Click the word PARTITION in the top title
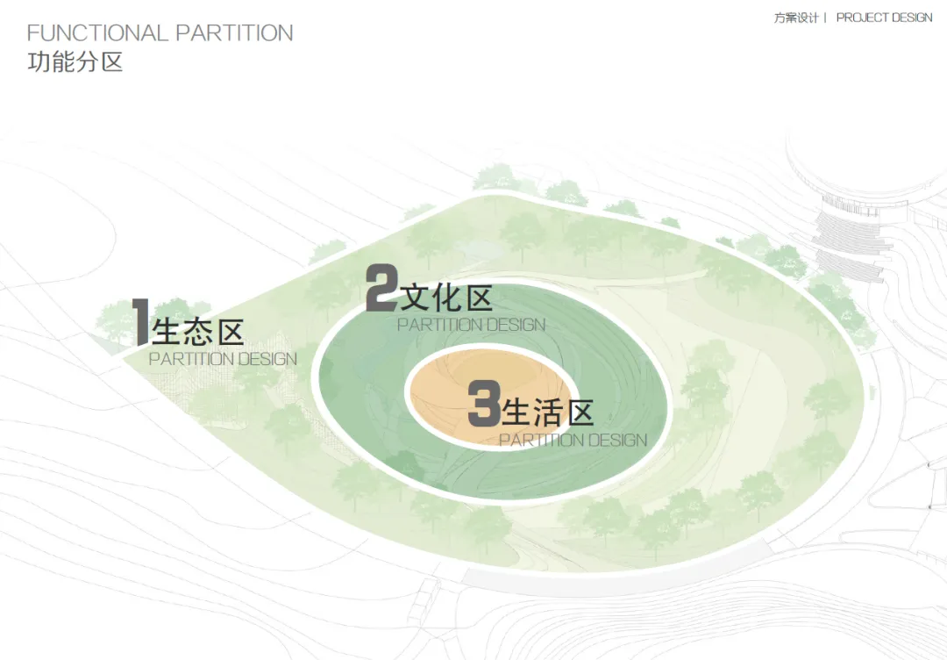coord(234,33)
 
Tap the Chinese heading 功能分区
coord(75,62)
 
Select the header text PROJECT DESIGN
coord(884,18)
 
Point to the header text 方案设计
coord(795,18)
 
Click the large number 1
coord(140,322)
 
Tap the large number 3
coord(483,404)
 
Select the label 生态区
coord(197,333)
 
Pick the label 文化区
coord(445,298)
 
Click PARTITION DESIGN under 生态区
coord(223,359)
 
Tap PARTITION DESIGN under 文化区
coord(471,325)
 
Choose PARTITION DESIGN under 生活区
coord(573,440)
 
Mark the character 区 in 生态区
coord(229,333)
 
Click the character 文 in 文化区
coord(414,298)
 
